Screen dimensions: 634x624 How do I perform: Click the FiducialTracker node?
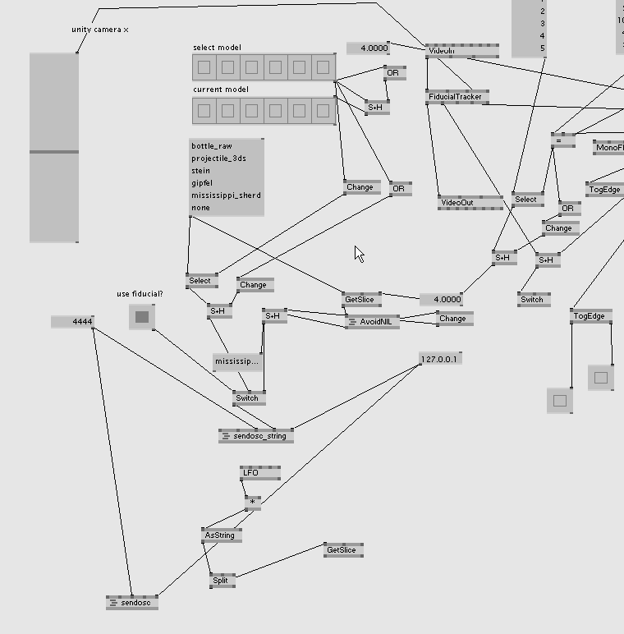click(x=457, y=97)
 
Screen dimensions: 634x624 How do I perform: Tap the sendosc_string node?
click(x=257, y=436)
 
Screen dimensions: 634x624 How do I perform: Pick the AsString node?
click(x=220, y=535)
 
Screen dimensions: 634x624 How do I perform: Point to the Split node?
click(x=221, y=581)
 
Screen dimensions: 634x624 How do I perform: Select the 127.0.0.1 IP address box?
click(x=440, y=359)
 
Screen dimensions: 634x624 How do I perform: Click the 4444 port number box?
click(x=73, y=322)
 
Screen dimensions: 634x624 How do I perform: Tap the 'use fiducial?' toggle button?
click(x=142, y=316)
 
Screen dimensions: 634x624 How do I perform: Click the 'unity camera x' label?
click(x=100, y=30)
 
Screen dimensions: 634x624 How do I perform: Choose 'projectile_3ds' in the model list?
click(x=218, y=158)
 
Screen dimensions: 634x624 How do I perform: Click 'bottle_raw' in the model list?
click(x=212, y=146)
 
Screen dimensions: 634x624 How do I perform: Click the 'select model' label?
click(x=217, y=48)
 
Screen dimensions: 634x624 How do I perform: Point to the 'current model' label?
click(x=220, y=90)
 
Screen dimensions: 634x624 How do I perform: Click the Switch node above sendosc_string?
click(x=249, y=398)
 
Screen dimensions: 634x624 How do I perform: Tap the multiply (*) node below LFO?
click(x=253, y=501)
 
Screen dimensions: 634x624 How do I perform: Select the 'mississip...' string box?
click(x=237, y=361)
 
